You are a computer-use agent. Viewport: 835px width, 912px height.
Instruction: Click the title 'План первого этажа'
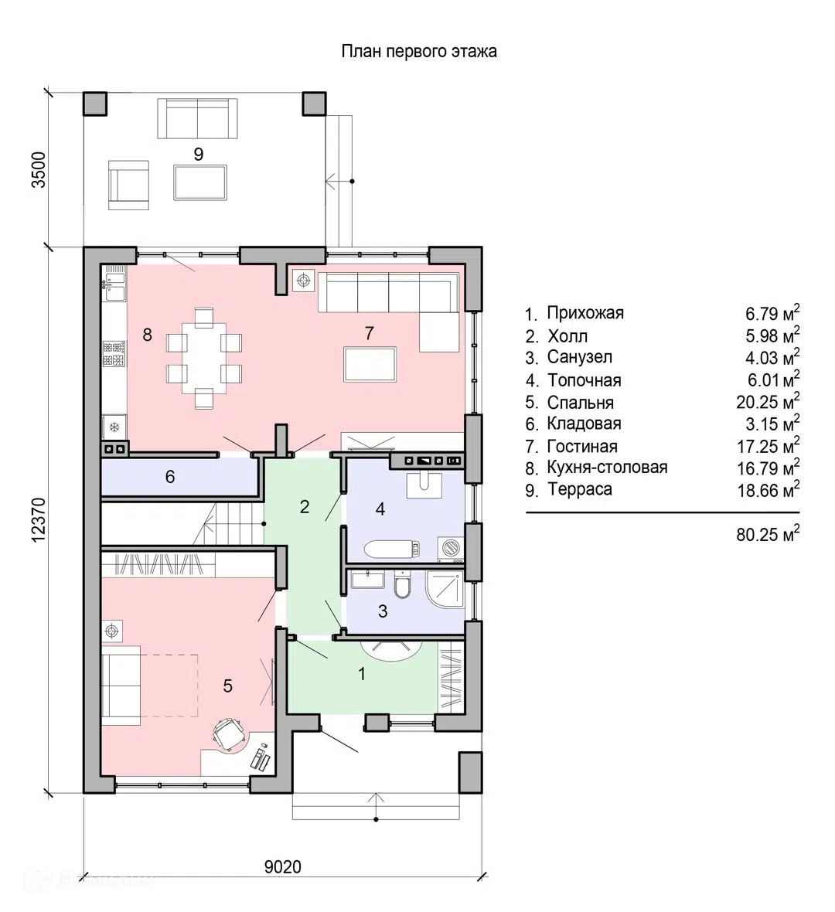click(419, 51)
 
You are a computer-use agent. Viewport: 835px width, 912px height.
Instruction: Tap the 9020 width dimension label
click(283, 866)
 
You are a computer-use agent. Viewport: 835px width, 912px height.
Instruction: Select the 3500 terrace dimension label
click(39, 169)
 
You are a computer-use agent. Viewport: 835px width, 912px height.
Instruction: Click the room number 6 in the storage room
click(170, 477)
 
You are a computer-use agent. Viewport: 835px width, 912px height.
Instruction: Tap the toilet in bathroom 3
click(402, 584)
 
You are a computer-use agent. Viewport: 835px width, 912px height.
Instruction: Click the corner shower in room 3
click(445, 588)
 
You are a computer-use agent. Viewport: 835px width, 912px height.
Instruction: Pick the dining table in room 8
click(203, 358)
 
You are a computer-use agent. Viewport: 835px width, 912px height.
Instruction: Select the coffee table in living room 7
click(370, 364)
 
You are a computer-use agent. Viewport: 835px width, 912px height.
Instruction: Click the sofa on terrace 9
click(198, 119)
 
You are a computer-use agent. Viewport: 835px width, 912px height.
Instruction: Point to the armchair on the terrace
click(128, 185)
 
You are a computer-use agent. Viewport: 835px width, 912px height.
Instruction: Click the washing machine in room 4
click(451, 548)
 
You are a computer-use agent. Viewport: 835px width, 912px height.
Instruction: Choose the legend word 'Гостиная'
click(582, 446)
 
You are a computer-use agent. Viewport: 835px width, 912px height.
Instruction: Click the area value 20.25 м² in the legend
click(768, 401)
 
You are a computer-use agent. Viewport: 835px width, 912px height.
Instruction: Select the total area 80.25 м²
click(768, 534)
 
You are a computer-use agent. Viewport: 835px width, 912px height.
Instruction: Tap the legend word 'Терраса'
click(580, 490)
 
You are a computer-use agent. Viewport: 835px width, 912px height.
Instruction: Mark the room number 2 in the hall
click(305, 507)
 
